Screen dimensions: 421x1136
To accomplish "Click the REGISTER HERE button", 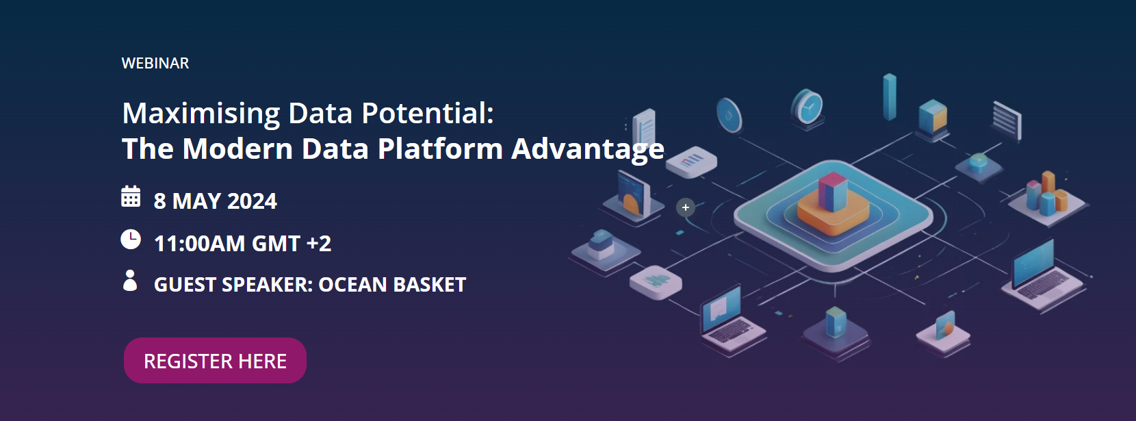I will click(x=215, y=361).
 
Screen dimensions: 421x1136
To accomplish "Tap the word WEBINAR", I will click(x=155, y=63).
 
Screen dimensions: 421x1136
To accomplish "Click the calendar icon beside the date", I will click(x=131, y=196).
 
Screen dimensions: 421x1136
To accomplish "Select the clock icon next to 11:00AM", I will click(x=131, y=240).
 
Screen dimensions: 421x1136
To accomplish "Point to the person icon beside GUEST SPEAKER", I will click(x=130, y=281).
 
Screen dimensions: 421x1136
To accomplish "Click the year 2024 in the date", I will click(x=251, y=201).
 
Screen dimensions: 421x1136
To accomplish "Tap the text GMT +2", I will click(x=292, y=244).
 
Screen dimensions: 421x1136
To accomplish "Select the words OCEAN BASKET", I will click(x=392, y=285).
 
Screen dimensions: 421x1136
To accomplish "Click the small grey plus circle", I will click(x=686, y=207).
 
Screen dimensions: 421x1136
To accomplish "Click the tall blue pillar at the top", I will click(x=890, y=97).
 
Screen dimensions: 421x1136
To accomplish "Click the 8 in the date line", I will click(x=160, y=201).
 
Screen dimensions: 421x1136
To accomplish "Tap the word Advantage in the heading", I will click(x=588, y=149).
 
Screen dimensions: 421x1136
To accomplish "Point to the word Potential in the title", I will click(x=427, y=114).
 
